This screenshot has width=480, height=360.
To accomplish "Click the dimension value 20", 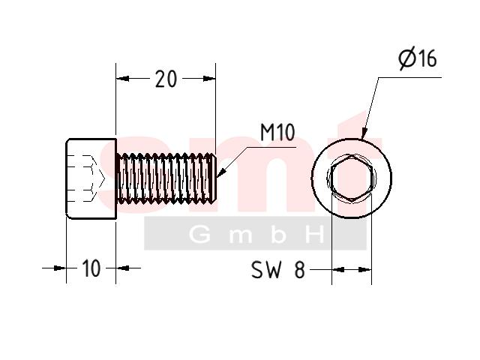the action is (x=166, y=79).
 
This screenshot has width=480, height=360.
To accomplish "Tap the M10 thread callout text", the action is (x=277, y=132).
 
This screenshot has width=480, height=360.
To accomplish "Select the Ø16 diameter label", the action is (x=418, y=58).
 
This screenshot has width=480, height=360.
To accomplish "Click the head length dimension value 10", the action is (x=91, y=268).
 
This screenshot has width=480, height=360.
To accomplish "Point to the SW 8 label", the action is (x=278, y=270).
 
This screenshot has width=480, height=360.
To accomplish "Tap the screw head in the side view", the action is (x=91, y=178).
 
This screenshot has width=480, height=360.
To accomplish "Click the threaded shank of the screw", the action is (x=166, y=178).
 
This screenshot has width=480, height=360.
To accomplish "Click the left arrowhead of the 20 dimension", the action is (x=122, y=79).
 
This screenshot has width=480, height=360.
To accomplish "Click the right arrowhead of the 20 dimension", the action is (x=209, y=79).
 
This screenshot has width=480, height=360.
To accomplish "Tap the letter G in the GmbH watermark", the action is (x=199, y=235).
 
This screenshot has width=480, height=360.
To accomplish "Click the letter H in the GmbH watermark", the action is (x=315, y=235).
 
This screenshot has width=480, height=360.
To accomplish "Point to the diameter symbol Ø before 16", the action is (x=408, y=58).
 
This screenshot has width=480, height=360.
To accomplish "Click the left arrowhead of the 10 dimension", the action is (x=60, y=268).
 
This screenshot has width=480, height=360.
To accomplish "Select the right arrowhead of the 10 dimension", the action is (x=122, y=268).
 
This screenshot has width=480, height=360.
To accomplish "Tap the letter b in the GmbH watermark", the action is (x=278, y=235).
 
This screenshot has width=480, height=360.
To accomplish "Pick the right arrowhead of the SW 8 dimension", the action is (x=365, y=270).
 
